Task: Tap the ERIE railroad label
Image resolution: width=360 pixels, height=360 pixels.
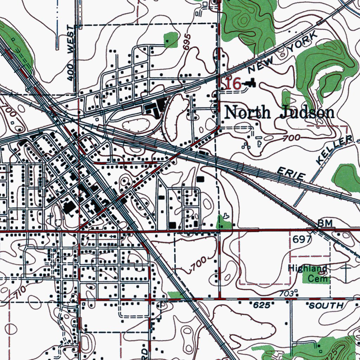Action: [x=289, y=173]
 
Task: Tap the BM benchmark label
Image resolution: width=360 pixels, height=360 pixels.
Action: [x=323, y=223]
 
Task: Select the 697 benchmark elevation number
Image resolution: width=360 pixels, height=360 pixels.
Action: [x=302, y=240]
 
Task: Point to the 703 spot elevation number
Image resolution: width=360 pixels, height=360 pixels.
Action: [x=286, y=293]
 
